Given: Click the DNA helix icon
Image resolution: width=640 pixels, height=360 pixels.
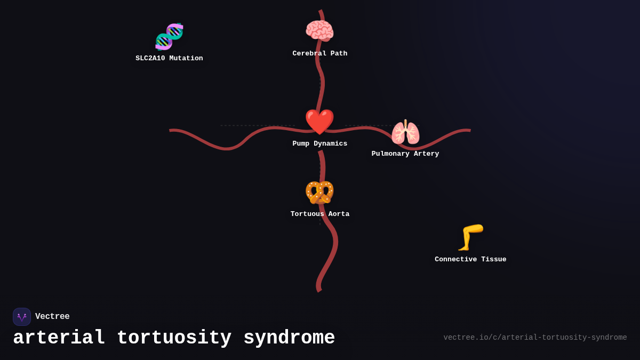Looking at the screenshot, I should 169,36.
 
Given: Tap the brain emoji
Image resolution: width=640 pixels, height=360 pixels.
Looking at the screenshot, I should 319,31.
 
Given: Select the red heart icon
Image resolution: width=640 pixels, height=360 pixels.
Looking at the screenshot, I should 319,122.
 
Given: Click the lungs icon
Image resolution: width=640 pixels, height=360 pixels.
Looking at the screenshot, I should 405,132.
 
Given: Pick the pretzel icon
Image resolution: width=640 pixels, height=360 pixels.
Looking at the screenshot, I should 319,193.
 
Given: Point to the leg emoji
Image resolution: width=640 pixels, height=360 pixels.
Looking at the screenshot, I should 470,237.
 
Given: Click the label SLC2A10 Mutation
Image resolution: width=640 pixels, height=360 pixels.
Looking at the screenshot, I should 169,59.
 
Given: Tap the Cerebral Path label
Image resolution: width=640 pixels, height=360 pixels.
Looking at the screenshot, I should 319,54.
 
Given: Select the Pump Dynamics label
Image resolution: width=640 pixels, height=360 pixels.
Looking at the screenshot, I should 319,144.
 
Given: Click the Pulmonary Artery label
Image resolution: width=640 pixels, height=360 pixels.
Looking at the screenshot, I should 405,154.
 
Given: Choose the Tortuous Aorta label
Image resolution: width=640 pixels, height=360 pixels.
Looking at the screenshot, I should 319,214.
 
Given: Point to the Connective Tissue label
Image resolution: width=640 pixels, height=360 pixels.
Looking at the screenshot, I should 470,260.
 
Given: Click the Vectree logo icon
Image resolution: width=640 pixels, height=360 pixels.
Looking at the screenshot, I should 22,317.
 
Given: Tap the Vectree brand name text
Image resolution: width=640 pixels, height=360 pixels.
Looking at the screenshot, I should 52,317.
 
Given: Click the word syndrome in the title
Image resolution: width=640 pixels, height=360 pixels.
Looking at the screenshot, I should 289,338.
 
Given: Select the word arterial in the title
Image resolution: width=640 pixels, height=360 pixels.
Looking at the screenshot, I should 59,338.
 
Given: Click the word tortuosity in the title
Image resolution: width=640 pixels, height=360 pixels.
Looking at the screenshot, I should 174,338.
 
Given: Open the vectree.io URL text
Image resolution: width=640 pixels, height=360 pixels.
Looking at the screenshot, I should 535,338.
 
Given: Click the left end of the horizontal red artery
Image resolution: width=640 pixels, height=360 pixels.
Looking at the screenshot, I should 171,130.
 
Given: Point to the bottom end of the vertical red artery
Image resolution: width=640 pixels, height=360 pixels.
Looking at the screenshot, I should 319,290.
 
